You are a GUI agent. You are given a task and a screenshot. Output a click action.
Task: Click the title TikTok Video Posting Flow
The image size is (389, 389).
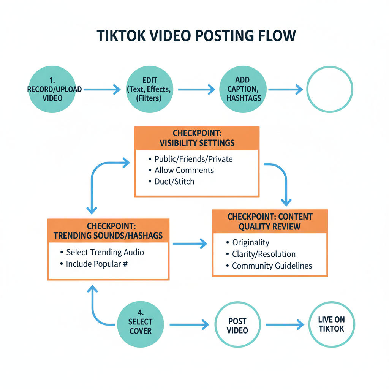tap(196, 35)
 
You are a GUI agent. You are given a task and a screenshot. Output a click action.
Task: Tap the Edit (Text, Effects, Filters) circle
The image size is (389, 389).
tap(149, 89)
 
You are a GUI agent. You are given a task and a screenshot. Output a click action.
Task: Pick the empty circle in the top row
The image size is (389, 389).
tap(329, 89)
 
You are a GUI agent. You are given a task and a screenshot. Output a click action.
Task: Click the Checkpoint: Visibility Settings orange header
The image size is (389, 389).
tap(197, 138)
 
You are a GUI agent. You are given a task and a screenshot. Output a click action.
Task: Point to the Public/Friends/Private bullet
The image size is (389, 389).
tap(193, 159)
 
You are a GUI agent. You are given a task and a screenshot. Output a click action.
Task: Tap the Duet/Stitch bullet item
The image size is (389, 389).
tap(174, 181)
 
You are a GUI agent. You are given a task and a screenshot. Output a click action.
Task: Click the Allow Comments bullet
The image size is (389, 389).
tap(184, 170)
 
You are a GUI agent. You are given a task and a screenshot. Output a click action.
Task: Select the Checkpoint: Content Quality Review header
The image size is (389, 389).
tap(270, 221)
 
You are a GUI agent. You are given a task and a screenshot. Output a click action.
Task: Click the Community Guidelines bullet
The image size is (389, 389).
tap(272, 266)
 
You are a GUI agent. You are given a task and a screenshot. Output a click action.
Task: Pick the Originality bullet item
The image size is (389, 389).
tap(250, 242)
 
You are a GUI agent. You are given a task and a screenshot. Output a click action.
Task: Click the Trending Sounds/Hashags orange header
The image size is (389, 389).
tap(108, 231)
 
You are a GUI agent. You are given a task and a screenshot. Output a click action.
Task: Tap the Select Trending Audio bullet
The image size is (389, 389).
tap(105, 252)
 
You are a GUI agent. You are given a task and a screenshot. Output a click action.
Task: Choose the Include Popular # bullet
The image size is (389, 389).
tap(96, 264)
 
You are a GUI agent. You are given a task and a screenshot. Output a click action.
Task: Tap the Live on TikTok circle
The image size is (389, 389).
tap(331, 324)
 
